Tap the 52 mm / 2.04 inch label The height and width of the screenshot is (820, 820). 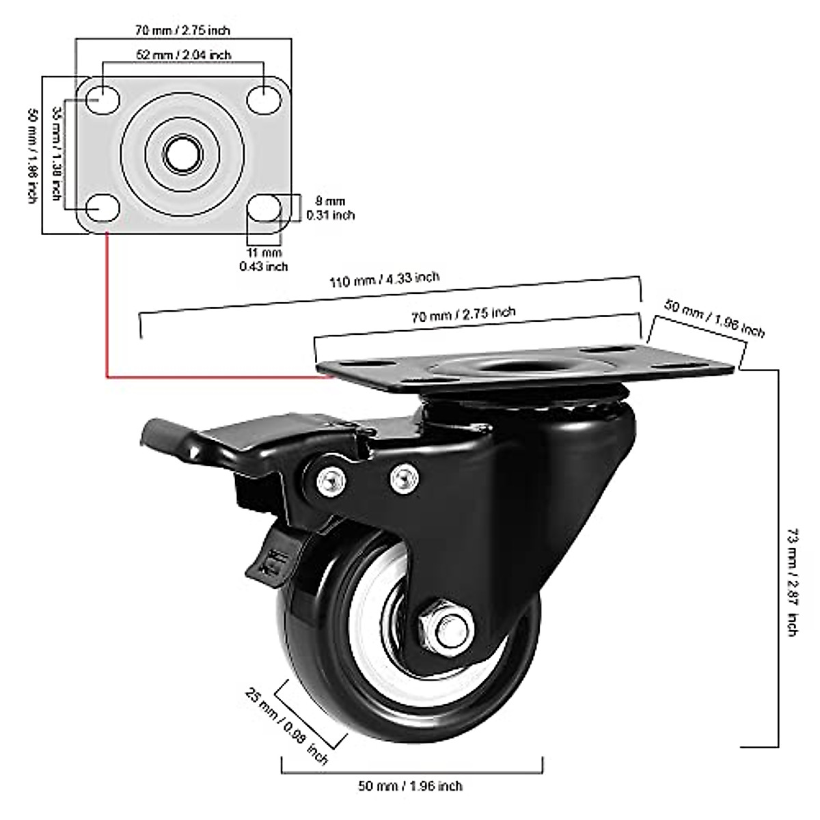[182, 55]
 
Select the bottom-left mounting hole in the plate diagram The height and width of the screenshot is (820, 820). [103, 207]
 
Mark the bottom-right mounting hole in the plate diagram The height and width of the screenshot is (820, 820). [264, 207]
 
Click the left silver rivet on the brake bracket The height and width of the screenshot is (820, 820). [329, 482]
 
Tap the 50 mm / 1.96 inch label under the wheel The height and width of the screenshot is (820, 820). [410, 786]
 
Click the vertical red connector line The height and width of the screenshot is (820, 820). [107, 304]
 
